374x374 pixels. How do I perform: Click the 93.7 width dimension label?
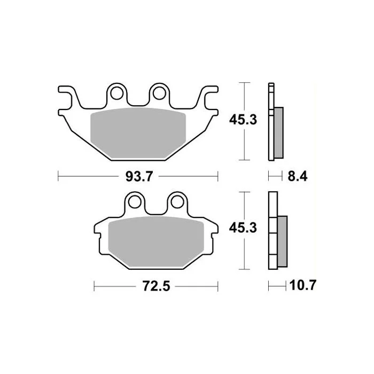139,177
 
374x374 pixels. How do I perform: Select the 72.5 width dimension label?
156,286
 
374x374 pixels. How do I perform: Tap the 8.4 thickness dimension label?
298,176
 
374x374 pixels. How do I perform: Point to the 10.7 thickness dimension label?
303,285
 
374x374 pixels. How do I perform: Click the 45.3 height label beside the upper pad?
243,120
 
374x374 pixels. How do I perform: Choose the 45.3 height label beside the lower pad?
243,228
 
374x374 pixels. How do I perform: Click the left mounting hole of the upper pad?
117,93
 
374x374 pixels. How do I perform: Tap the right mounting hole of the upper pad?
159,93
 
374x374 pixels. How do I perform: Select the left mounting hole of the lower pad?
135,202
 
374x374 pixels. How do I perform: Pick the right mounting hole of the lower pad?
177,202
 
